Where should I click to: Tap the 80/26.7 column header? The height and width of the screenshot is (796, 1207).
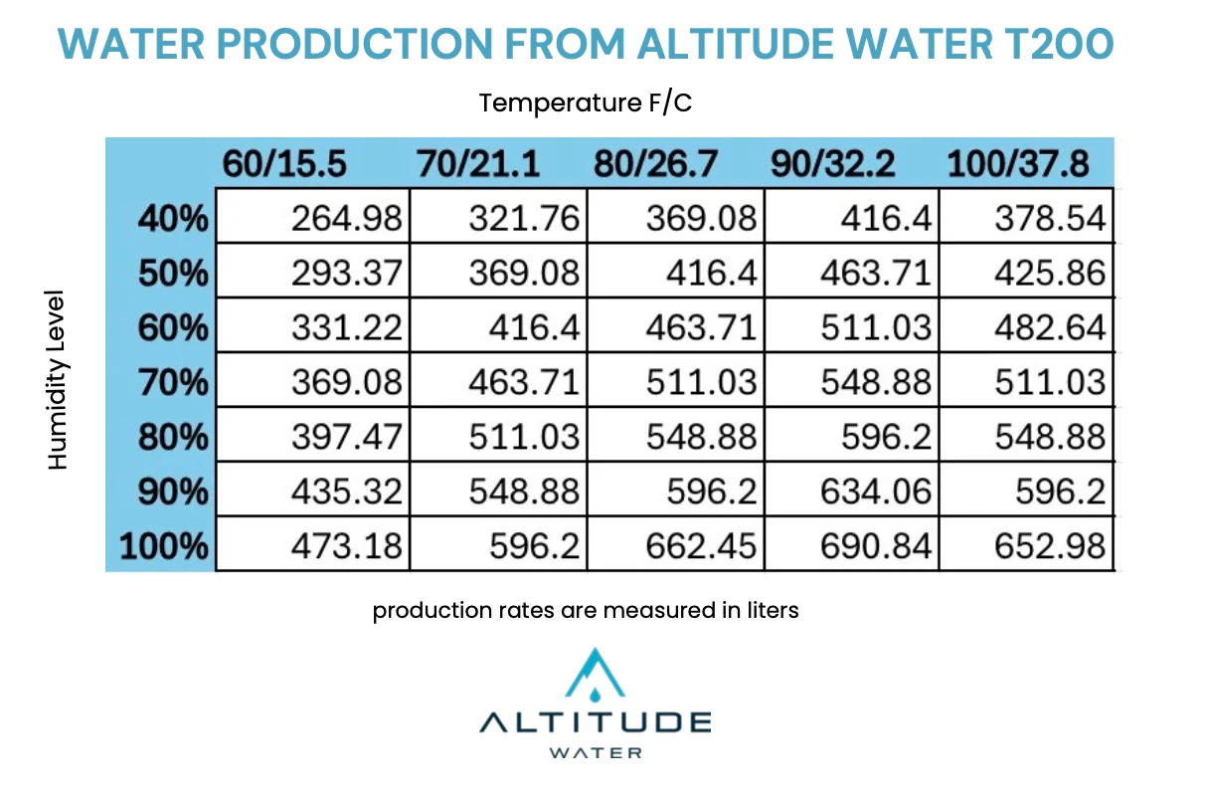(655, 164)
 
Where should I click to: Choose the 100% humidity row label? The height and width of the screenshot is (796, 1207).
(164, 545)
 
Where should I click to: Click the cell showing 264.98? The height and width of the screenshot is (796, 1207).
(346, 217)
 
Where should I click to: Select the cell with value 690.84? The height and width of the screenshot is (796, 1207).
(875, 545)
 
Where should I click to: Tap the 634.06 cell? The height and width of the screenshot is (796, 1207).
(875, 491)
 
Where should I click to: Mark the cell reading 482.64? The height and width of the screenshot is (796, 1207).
(1051, 326)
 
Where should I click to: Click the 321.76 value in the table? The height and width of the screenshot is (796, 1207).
(523, 217)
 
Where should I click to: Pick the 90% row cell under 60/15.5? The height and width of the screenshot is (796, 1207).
(346, 491)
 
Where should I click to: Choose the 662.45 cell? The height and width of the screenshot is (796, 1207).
(701, 545)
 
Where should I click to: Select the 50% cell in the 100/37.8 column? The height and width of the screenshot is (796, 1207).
(1051, 272)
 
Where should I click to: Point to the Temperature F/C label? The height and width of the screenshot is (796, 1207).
(585, 102)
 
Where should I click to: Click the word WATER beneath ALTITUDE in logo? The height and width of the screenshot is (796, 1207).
(596, 752)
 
